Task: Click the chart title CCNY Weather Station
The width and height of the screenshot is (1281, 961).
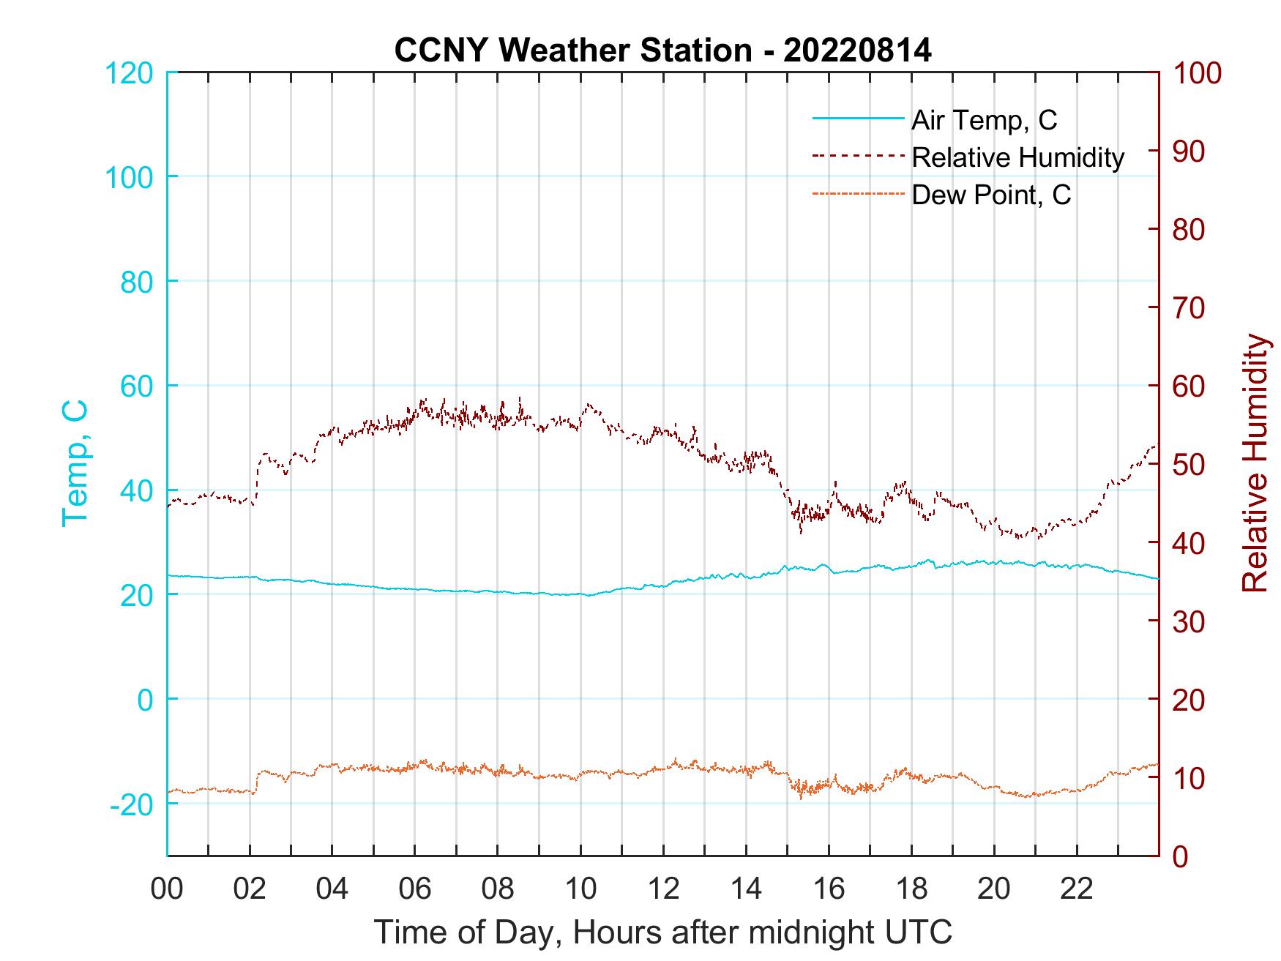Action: pyautogui.click(x=573, y=51)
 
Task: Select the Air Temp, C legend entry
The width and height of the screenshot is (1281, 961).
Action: pyautogui.click(x=984, y=119)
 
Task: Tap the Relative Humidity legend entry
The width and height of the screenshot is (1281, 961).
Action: pyautogui.click(x=1017, y=157)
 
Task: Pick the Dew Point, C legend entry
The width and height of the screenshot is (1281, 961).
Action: pyautogui.click(x=991, y=195)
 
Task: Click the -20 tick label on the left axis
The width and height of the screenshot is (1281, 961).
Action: pyautogui.click(x=132, y=804)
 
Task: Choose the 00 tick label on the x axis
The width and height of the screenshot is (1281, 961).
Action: pyautogui.click(x=167, y=889)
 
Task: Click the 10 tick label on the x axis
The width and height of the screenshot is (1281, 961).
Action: pyautogui.click(x=581, y=889)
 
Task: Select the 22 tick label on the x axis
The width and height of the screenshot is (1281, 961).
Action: pyautogui.click(x=1078, y=889)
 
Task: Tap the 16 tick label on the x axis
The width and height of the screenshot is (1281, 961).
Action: pyautogui.click(x=829, y=889)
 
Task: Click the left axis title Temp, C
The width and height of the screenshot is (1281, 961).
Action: pyautogui.click(x=75, y=463)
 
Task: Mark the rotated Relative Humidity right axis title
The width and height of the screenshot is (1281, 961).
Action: pyautogui.click(x=1255, y=463)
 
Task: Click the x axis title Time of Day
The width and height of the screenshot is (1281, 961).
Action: pyautogui.click(x=663, y=932)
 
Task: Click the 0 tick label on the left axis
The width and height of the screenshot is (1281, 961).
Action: pyautogui.click(x=146, y=700)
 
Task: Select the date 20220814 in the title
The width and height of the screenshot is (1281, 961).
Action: pyautogui.click(x=857, y=51)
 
